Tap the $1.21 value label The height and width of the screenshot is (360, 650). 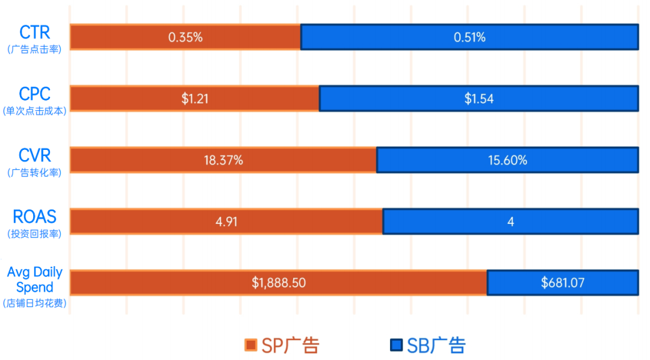(x=195, y=99)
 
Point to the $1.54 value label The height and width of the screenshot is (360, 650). (x=478, y=99)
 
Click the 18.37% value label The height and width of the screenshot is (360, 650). (x=223, y=160)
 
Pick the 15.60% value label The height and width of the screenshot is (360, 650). (x=507, y=160)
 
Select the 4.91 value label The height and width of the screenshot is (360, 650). (x=226, y=222)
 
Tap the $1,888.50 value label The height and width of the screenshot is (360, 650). (x=279, y=282)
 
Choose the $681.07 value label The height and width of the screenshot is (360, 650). (x=562, y=282)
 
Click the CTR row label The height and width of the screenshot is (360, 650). (x=34, y=31)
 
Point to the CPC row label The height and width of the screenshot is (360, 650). (x=34, y=94)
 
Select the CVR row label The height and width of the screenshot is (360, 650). (x=34, y=155)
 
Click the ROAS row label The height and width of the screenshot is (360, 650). (x=34, y=217)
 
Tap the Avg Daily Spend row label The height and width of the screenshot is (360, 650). (x=34, y=280)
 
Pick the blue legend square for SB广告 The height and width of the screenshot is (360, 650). (x=395, y=345)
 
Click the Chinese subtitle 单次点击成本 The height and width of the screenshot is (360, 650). (x=34, y=111)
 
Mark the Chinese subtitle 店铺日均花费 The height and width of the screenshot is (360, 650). (x=34, y=303)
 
